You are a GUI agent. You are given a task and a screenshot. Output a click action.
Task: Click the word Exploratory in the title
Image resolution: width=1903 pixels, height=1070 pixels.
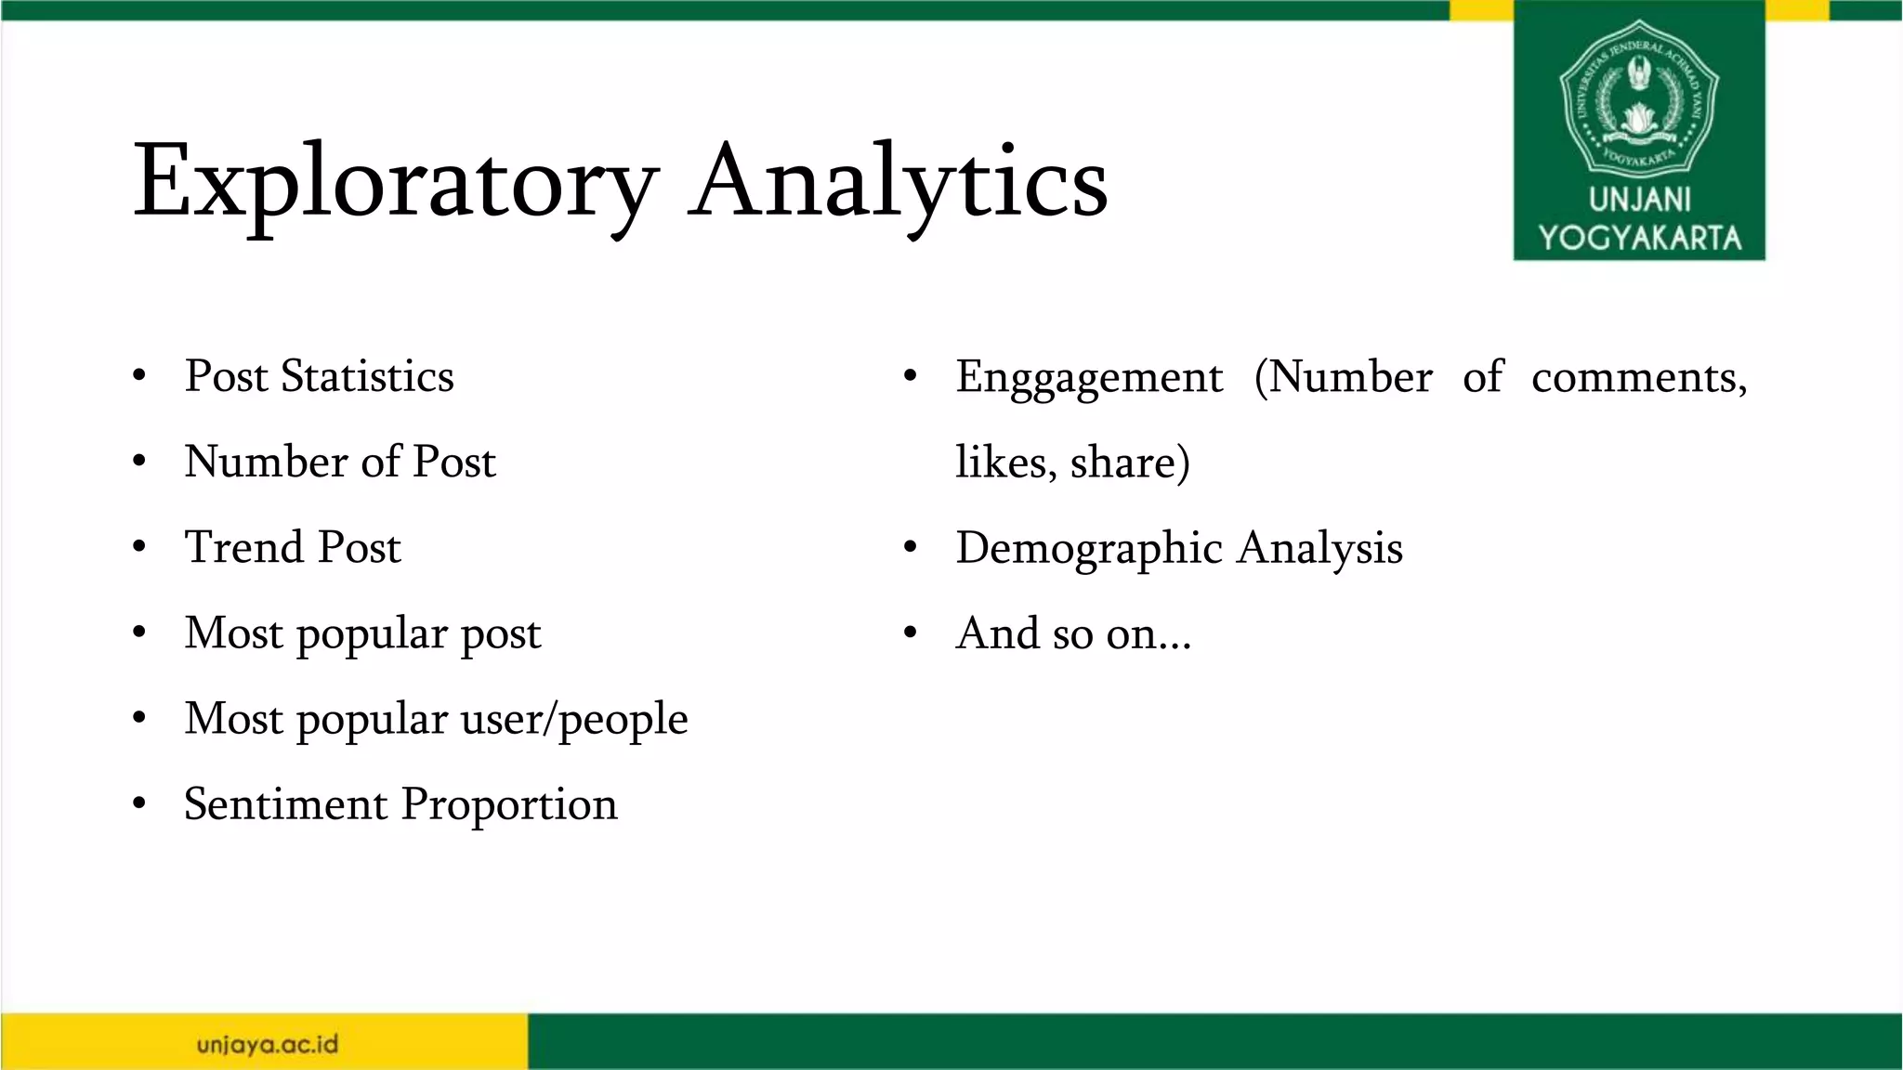point(395,181)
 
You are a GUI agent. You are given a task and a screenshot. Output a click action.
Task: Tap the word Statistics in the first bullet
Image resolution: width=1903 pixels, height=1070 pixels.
point(367,376)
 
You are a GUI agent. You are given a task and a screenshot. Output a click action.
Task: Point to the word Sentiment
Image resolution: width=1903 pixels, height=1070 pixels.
point(284,803)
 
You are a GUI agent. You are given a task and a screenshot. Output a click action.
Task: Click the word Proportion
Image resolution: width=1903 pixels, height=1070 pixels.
point(509,805)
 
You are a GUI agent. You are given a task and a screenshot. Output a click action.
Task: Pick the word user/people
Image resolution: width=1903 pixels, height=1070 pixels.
point(574,719)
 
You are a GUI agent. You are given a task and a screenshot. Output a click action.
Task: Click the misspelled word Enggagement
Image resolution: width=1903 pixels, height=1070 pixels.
point(1089,378)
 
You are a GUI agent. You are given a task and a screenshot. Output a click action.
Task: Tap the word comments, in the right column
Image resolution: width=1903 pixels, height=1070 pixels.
point(1639,378)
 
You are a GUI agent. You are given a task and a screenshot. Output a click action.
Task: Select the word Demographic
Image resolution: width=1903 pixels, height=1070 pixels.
point(1089,548)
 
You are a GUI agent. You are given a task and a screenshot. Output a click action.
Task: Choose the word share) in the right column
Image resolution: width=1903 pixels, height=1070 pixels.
point(1129,463)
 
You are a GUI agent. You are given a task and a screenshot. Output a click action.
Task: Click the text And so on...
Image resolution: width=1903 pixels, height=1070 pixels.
point(1073,633)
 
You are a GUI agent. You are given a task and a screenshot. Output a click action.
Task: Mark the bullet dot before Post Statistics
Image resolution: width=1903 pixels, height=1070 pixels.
point(139,376)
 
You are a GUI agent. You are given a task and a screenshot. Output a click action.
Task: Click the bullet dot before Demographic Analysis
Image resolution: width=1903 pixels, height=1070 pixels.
point(911,548)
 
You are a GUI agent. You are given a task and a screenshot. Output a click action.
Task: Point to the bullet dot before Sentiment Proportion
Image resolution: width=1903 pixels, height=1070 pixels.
point(139,803)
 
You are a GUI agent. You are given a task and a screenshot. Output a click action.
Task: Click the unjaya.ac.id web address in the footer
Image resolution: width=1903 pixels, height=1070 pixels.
point(268,1044)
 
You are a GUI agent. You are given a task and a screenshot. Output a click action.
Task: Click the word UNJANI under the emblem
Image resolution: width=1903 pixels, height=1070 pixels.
point(1639,199)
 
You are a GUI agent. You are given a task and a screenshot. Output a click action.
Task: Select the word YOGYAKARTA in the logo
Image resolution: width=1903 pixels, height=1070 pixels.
point(1639,238)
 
